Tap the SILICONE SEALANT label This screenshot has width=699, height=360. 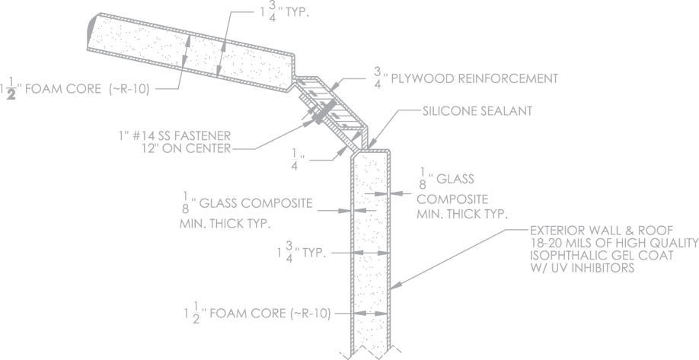[x=477, y=110]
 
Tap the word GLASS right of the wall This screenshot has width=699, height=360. [x=458, y=179]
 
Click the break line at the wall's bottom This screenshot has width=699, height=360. [x=369, y=352]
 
